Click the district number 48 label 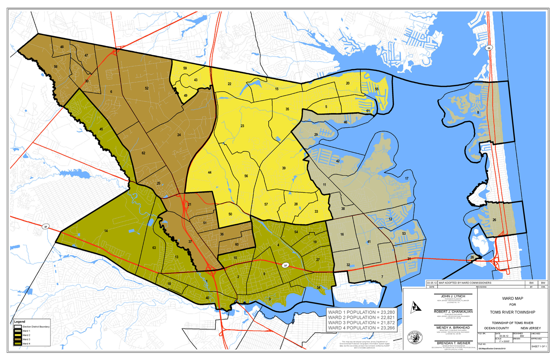(x=62, y=47)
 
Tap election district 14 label (x=106, y=231)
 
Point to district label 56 (x=246, y=176)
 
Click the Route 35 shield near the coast (x=489, y=48)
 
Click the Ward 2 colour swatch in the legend (x=18, y=335)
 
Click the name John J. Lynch (x=453, y=296)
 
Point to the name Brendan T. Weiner (x=453, y=342)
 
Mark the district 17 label (x=407, y=179)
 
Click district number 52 (x=147, y=88)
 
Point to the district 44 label (x=210, y=173)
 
